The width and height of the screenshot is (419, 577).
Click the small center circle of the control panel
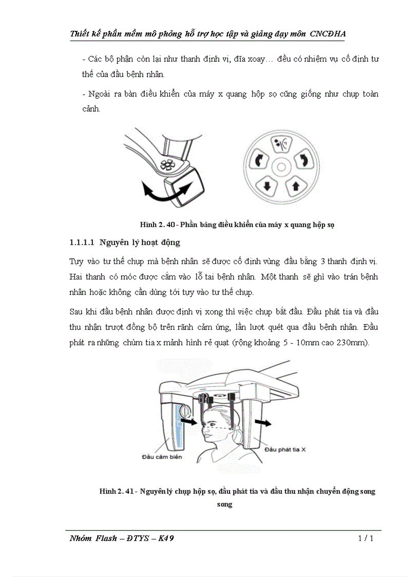tap(281, 166)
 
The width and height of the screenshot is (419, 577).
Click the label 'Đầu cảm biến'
tap(161, 456)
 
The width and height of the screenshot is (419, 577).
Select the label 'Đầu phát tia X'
tap(285, 449)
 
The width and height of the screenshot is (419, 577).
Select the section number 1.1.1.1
tap(82, 242)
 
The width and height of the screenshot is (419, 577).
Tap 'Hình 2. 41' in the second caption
tap(117, 491)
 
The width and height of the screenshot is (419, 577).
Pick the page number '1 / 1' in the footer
tap(365, 538)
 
